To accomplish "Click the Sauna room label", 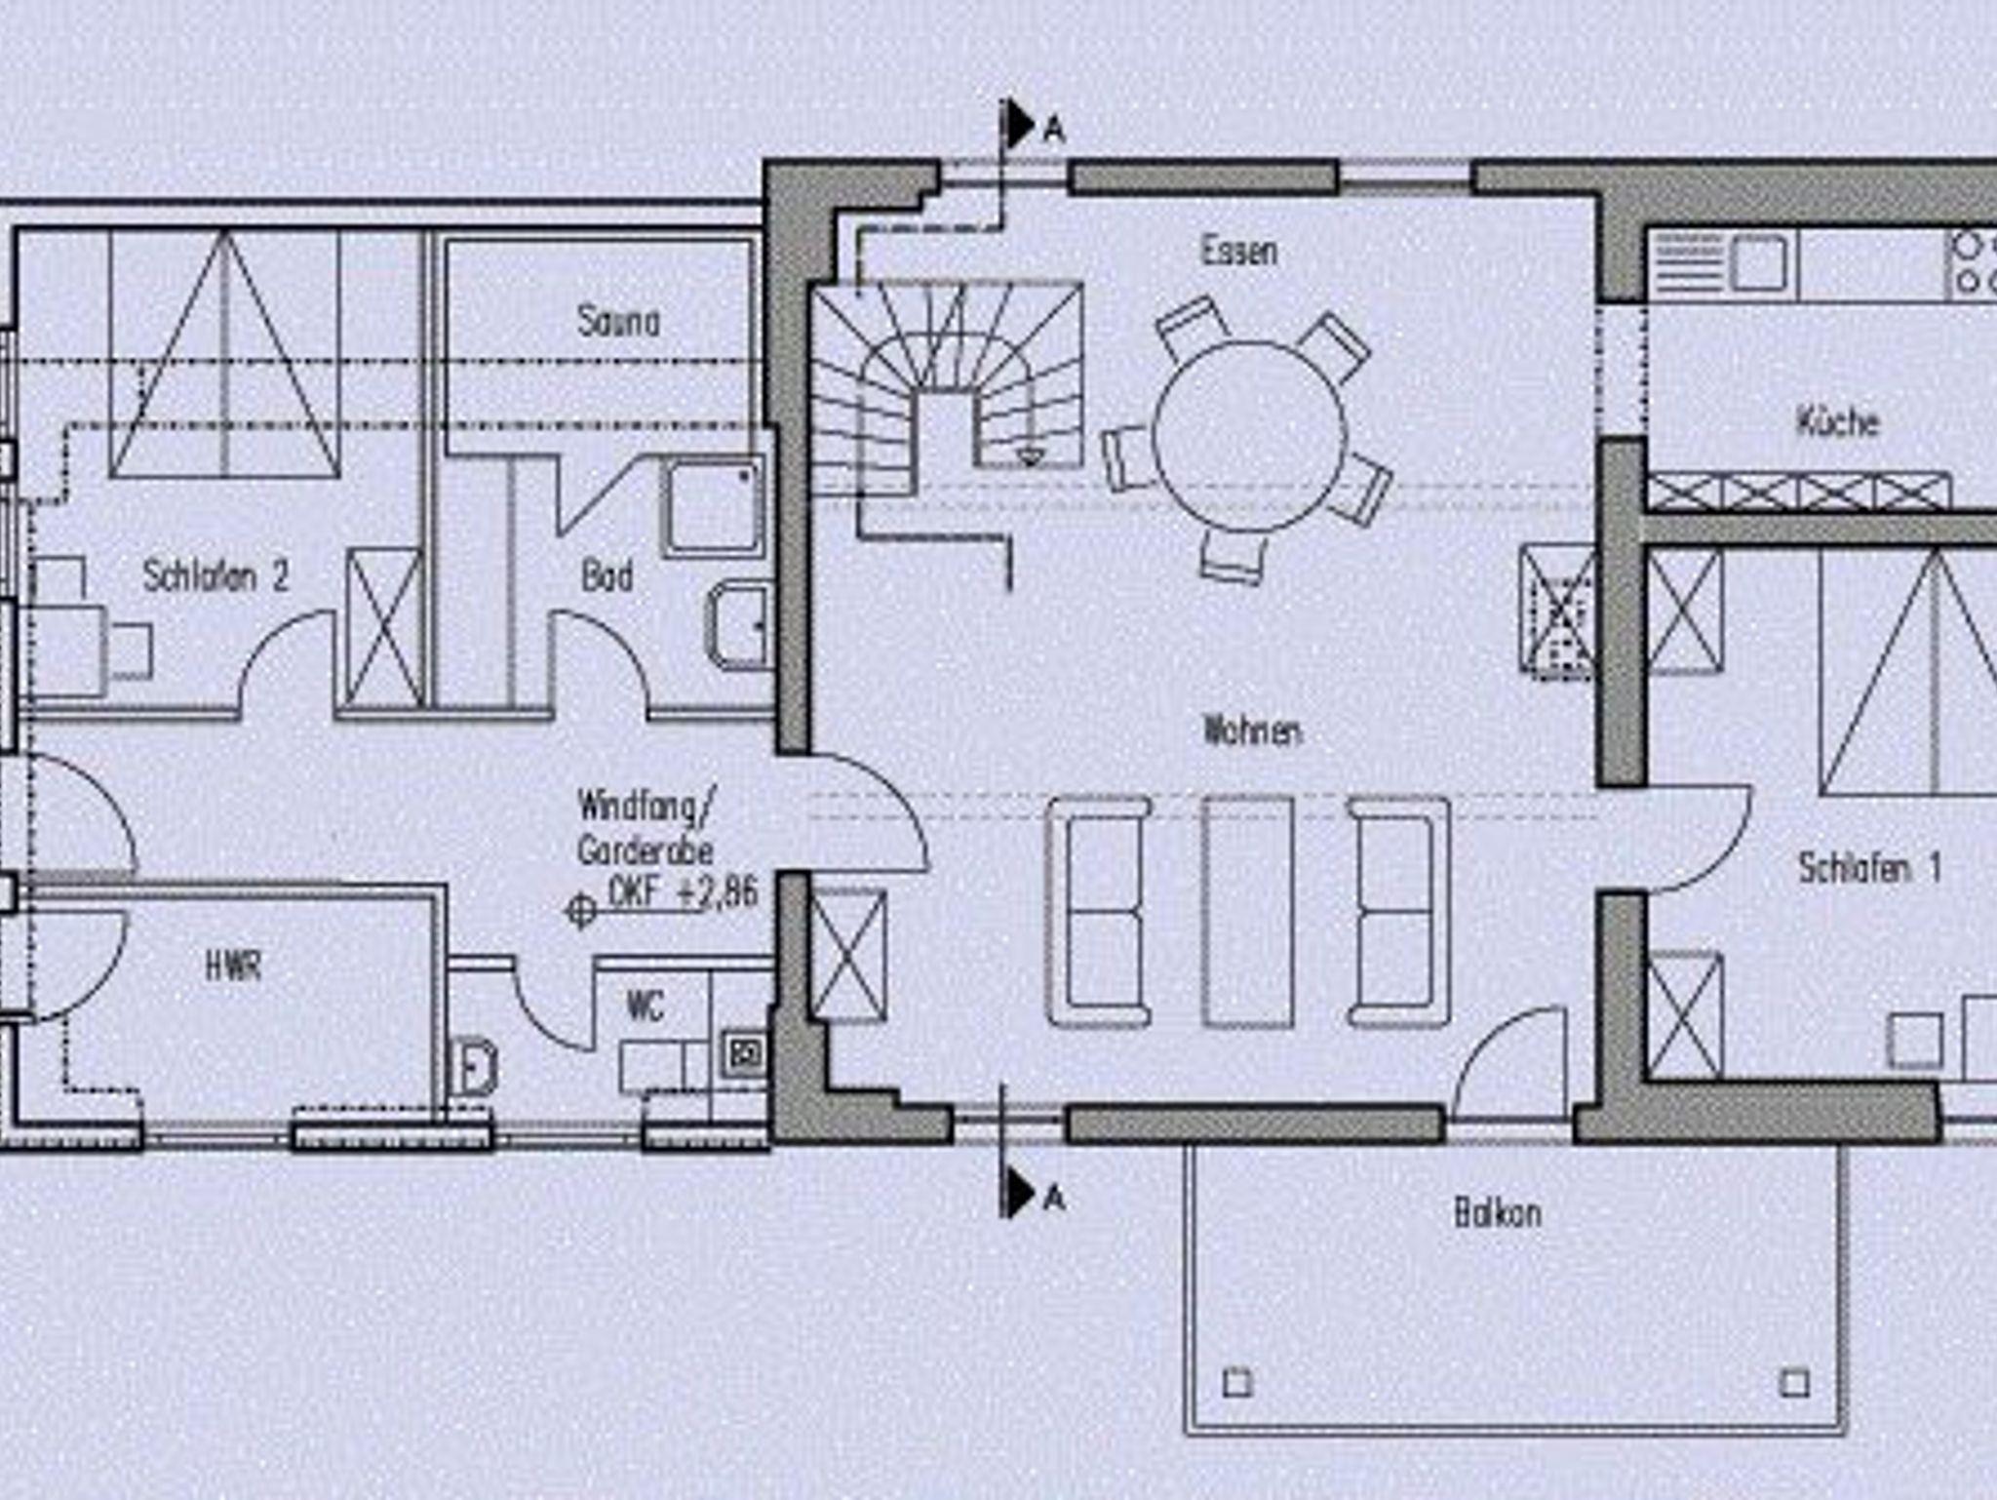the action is (x=618, y=321).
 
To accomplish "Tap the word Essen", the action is (x=1238, y=251).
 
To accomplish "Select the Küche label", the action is (x=1838, y=421).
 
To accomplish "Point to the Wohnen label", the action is (x=1253, y=730).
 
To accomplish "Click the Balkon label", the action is (x=1498, y=1213).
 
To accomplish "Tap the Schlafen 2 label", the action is (x=215, y=575).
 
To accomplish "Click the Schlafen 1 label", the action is (x=1869, y=867).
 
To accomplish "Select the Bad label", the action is (x=607, y=575).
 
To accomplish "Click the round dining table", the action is (x=1250, y=436).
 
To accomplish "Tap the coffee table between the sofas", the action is (x=1248, y=912).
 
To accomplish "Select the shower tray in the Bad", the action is (x=713, y=506).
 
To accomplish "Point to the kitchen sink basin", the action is (x=1760, y=263).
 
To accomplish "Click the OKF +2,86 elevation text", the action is (x=683, y=892).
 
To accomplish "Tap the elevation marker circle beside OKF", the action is (x=581, y=912).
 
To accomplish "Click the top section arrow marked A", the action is (x=1020, y=124).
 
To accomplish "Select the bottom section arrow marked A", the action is (x=1020, y=1192).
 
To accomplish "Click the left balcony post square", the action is (x=1237, y=1383).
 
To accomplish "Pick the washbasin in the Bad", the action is (x=738, y=626).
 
